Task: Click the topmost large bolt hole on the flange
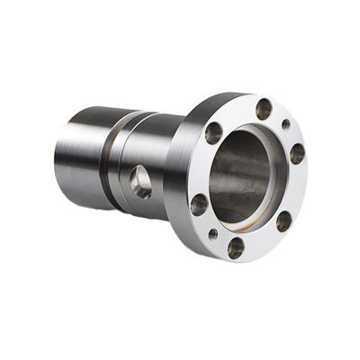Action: coord(264,109)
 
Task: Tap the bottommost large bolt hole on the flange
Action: coord(236,247)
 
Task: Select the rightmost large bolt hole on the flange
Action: coord(296,154)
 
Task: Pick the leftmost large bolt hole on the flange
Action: coord(199,204)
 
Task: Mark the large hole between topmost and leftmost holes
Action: coord(214,133)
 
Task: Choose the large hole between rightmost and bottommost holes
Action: coord(283,220)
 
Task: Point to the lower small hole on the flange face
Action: coord(212,234)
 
